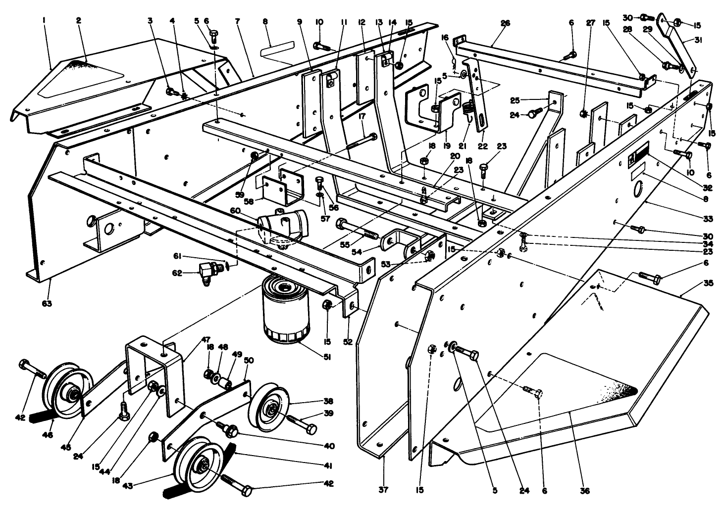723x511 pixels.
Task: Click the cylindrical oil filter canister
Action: pos(283,310)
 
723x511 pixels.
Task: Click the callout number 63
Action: pos(48,302)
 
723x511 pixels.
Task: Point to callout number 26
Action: pos(505,23)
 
